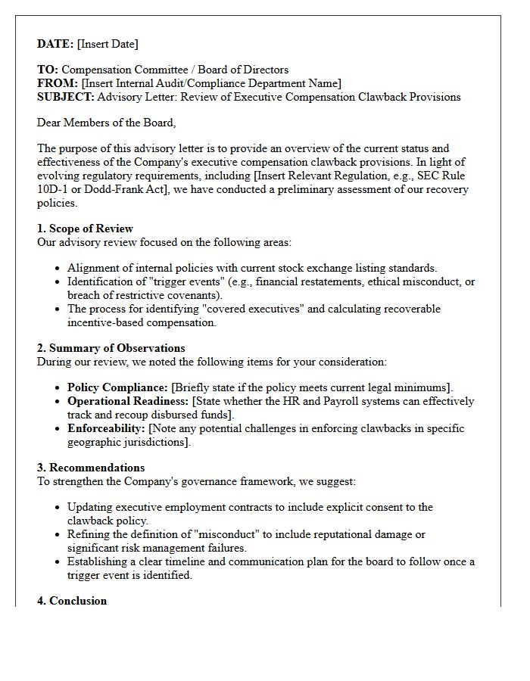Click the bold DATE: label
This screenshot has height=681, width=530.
click(55, 44)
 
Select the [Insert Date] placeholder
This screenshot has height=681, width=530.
click(108, 44)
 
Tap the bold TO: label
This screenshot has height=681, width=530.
click(48, 70)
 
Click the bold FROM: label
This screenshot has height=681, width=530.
click(58, 83)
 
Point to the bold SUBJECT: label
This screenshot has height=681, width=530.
click(66, 97)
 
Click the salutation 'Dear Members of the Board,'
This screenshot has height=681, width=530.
click(106, 123)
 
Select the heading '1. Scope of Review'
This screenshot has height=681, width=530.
click(85, 229)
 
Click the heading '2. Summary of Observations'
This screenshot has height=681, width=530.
click(111, 348)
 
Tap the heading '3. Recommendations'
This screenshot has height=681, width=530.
click(91, 468)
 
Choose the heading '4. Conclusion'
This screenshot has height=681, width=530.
click(72, 601)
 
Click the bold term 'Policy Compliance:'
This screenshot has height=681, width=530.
click(117, 387)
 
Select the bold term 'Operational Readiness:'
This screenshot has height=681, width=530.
click(128, 401)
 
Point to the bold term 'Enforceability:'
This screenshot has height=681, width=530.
click(106, 428)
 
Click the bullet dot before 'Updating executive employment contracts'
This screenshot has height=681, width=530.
click(58, 508)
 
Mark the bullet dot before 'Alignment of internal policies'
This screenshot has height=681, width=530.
click(58, 269)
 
